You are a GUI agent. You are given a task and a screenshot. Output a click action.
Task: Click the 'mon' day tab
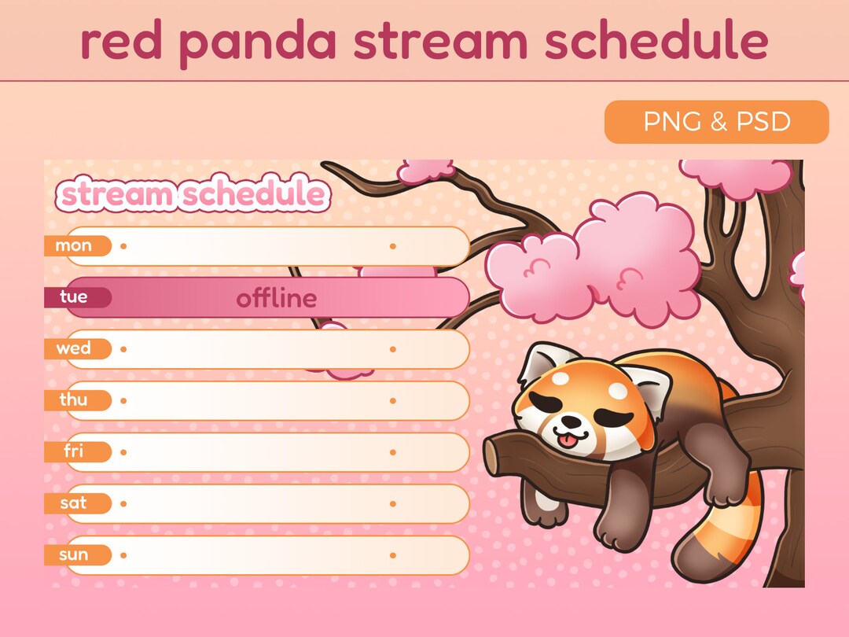coord(75,245)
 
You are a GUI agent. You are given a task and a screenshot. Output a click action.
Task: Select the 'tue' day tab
coord(75,297)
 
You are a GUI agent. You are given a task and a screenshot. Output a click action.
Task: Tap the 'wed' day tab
coord(75,348)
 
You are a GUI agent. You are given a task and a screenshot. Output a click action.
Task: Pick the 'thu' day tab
coord(75,400)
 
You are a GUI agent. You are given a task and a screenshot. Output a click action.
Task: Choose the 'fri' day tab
coord(75,451)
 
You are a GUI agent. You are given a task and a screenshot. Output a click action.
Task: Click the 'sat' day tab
coord(75,503)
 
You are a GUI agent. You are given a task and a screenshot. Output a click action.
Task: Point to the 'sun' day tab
coord(75,555)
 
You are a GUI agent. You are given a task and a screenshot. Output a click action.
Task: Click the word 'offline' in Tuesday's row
coord(277,299)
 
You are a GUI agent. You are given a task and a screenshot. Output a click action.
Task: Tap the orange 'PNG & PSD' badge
coord(716,122)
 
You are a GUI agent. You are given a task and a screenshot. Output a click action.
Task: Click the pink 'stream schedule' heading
coord(193,194)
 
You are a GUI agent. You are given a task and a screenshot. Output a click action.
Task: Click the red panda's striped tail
coord(727,543)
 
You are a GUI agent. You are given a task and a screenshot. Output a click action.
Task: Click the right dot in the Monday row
coord(392,246)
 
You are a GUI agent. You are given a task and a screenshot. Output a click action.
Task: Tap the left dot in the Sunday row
coord(123,555)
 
